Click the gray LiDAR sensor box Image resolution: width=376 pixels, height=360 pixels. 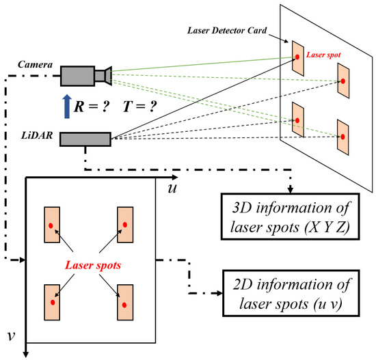pyautogui.click(x=85, y=139)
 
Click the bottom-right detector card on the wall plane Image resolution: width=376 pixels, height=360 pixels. pyautogui.click(x=342, y=137)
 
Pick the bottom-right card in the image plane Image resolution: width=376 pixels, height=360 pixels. pyautogui.click(x=126, y=302)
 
